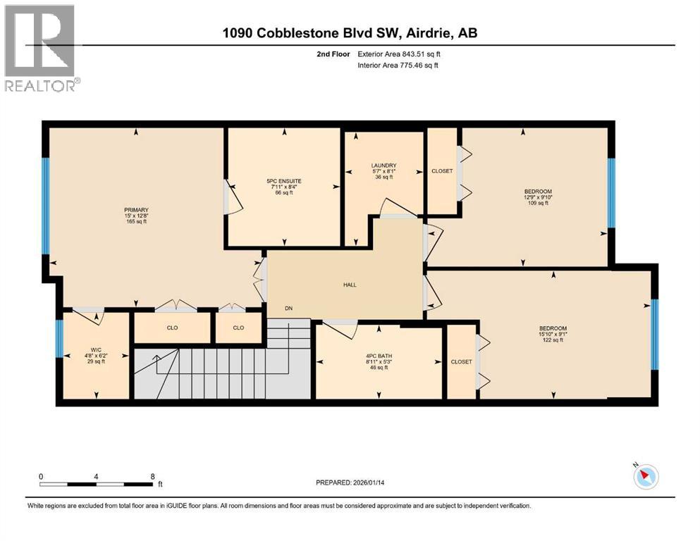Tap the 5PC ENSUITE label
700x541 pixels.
(284, 181)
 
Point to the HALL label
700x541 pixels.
(350, 285)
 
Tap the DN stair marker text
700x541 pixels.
(289, 308)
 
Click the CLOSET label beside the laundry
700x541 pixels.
(442, 171)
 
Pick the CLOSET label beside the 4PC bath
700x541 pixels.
(461, 361)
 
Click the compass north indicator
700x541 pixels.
(644, 477)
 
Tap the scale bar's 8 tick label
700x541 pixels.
(153, 476)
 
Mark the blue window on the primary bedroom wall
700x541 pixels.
(46, 206)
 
